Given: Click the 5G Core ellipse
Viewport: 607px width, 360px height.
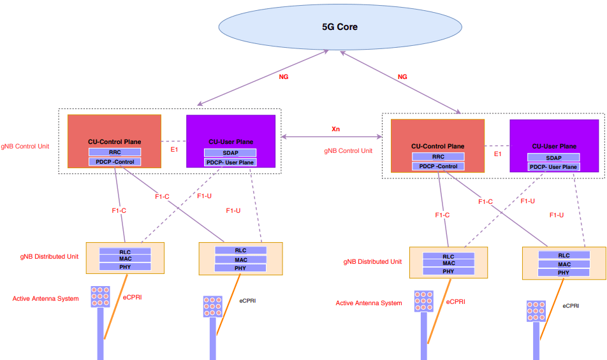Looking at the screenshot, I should click(x=340, y=27).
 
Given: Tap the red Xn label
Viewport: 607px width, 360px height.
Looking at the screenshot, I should click(x=335, y=129).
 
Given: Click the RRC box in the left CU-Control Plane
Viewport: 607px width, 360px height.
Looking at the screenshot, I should click(x=115, y=152).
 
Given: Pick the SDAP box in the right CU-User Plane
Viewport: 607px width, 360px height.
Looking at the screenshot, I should click(x=553, y=157).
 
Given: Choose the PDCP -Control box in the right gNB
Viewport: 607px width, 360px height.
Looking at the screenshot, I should click(x=438, y=166).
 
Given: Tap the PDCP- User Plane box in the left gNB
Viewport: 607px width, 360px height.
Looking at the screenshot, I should click(x=230, y=162).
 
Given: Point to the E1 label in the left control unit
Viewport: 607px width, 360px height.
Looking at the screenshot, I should click(x=174, y=149).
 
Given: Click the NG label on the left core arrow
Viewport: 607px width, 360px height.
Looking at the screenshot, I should click(x=284, y=76).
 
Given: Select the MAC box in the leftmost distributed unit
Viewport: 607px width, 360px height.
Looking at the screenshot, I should click(x=125, y=259).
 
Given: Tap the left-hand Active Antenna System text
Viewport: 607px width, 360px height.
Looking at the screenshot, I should click(x=46, y=298).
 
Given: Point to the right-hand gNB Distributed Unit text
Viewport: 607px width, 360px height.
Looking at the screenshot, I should click(x=372, y=262).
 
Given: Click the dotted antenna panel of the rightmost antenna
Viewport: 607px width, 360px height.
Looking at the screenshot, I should click(x=536, y=310).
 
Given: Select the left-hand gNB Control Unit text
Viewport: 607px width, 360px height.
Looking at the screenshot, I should click(x=26, y=146).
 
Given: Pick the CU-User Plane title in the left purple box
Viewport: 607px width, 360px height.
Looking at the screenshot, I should click(x=231, y=141).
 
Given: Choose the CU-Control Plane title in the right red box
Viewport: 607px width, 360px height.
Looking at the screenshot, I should click(x=438, y=146).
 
